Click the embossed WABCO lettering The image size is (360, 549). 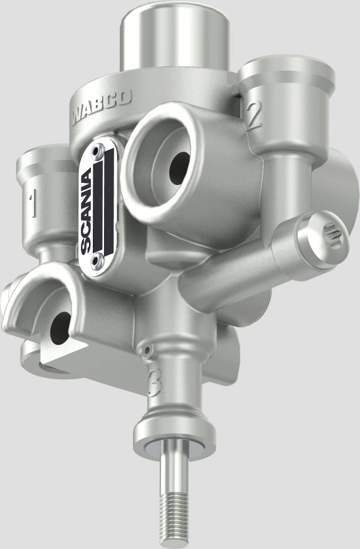(101, 107)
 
